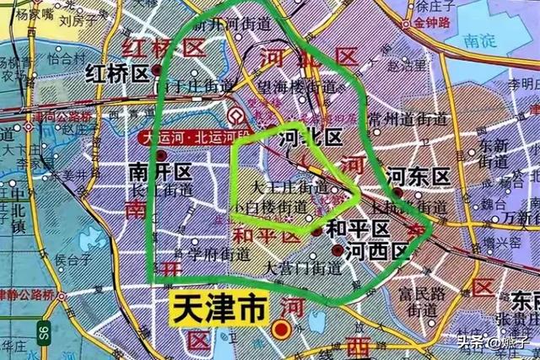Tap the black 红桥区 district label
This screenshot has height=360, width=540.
(x=118, y=74)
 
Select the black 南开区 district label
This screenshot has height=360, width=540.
(x=161, y=172)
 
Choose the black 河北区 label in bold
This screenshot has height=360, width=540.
(x=310, y=137)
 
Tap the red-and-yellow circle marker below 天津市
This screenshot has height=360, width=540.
(x=284, y=330)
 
